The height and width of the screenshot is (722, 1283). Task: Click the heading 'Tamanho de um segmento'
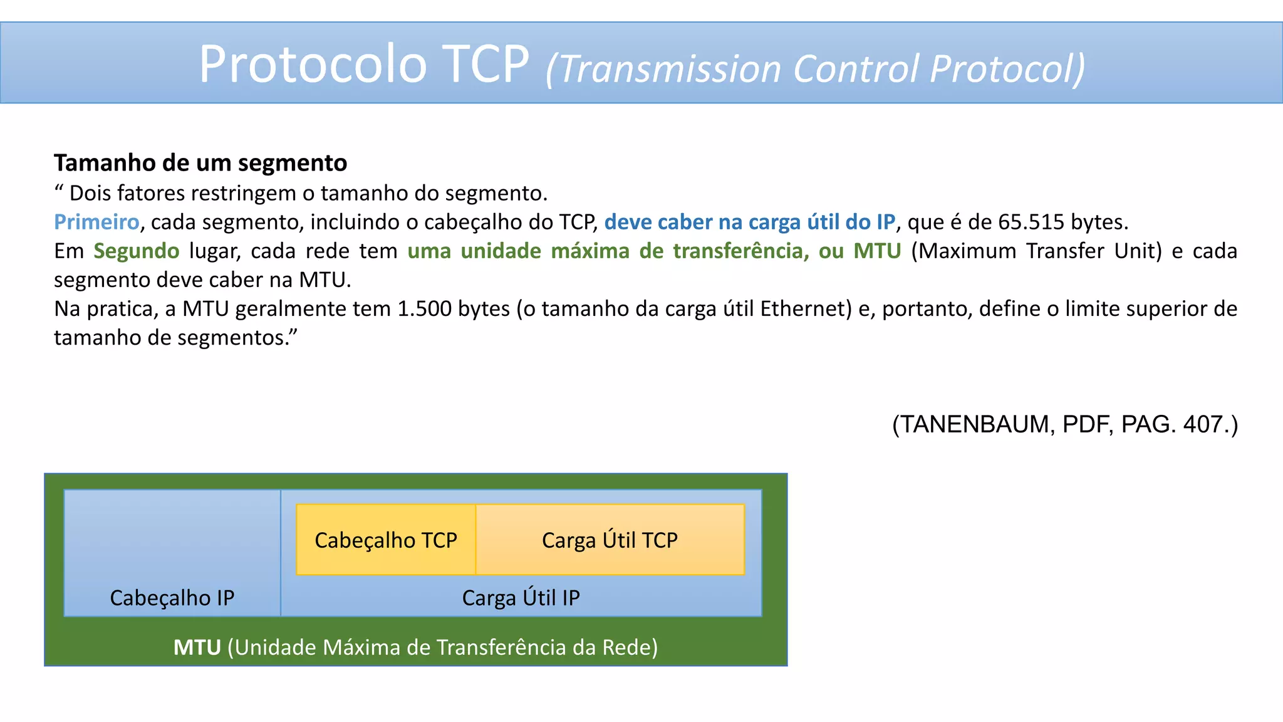click(200, 163)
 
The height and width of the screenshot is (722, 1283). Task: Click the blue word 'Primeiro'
click(96, 222)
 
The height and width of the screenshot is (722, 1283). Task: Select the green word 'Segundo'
click(137, 251)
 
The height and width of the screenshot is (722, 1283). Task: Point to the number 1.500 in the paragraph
click(425, 309)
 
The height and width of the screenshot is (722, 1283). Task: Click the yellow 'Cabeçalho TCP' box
click(386, 540)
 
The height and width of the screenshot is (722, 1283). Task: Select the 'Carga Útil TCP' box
click(610, 540)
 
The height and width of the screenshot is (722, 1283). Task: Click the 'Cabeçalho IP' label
click(172, 598)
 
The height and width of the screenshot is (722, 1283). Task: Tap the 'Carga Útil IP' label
click(521, 598)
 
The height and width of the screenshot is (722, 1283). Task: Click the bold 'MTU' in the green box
click(197, 647)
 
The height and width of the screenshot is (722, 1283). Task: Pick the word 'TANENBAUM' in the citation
click(977, 425)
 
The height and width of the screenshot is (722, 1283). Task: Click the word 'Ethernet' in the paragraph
click(806, 309)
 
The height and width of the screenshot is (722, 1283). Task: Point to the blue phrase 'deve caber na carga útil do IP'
click(749, 222)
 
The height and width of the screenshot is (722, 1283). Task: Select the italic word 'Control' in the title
click(856, 69)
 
